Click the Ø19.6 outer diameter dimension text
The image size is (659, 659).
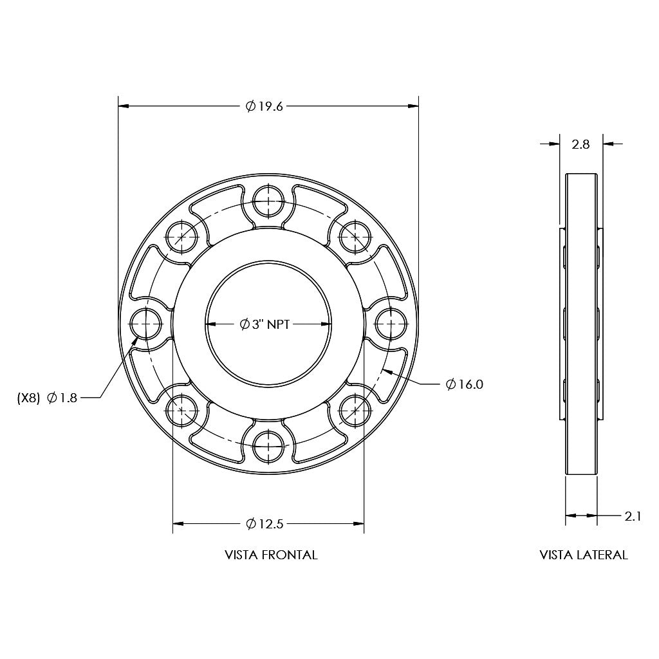point(265,107)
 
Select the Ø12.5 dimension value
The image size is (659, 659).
point(265,524)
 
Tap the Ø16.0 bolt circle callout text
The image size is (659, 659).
point(464,384)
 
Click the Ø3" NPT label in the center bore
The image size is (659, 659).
point(268,324)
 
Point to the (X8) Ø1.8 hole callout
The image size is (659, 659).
point(47,398)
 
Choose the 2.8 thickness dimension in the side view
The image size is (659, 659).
point(580,144)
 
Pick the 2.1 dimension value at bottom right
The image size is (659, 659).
point(633,515)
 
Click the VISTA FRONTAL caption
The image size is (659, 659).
point(271,555)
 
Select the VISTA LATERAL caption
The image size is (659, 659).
point(584,555)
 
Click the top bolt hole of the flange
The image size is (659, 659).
point(268,201)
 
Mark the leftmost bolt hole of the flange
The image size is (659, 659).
point(146,324)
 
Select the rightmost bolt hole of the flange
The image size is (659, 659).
point(391,324)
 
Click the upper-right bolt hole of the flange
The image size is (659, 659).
point(355,237)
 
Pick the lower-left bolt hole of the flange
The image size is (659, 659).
point(182,411)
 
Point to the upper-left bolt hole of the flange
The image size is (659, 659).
point(182,237)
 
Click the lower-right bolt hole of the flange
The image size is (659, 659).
point(355,411)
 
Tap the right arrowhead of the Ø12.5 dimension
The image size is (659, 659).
point(358,524)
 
